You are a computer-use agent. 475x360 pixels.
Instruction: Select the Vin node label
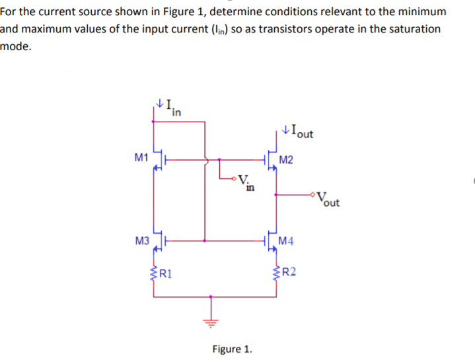pyautogui.click(x=245, y=180)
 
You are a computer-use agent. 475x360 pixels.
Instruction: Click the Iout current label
pyautogui.click(x=299, y=131)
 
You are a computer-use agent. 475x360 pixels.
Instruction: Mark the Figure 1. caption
pyautogui.click(x=232, y=348)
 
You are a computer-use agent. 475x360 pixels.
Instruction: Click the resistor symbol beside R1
pyautogui.click(x=157, y=271)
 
